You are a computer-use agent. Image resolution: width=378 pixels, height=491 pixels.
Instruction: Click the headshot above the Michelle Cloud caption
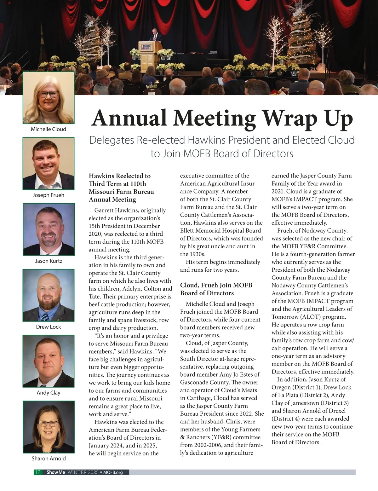point(49,98)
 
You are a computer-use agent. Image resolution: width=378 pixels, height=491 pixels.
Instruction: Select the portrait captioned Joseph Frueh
point(49,163)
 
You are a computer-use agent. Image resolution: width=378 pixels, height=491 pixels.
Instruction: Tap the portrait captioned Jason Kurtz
point(49,229)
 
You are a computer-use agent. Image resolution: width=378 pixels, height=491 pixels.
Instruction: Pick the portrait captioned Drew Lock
point(49,295)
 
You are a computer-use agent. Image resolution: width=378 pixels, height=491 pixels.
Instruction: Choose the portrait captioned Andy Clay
point(49,361)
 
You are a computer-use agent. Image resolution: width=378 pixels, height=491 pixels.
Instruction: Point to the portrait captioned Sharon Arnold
point(49,427)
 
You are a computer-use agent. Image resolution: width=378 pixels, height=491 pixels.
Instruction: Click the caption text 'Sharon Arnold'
point(49,459)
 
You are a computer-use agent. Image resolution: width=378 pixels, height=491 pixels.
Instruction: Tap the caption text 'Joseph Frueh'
point(49,195)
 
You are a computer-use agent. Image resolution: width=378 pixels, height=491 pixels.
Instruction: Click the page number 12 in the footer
point(38,472)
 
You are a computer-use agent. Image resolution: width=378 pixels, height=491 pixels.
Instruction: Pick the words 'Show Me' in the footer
point(56,472)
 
